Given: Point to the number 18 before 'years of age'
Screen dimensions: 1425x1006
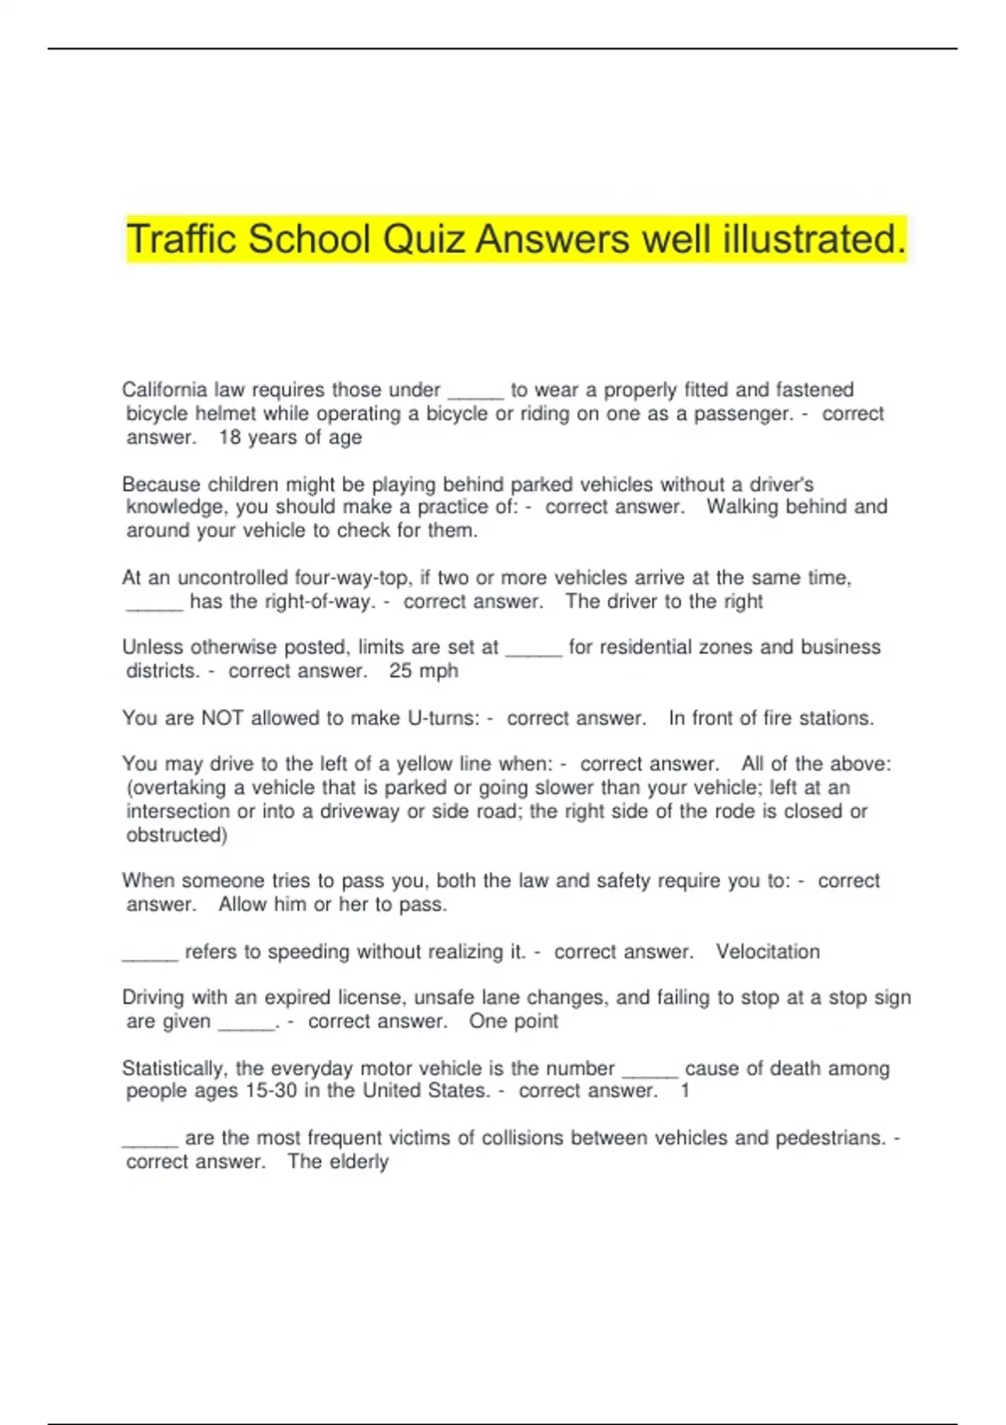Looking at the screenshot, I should (x=230, y=438).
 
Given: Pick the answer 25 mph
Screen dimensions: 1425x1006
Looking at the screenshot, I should (x=423, y=671).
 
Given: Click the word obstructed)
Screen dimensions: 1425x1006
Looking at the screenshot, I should (x=176, y=836).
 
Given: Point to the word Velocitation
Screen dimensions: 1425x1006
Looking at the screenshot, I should (x=767, y=952).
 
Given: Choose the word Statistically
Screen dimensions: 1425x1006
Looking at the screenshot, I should (x=174, y=1069).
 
